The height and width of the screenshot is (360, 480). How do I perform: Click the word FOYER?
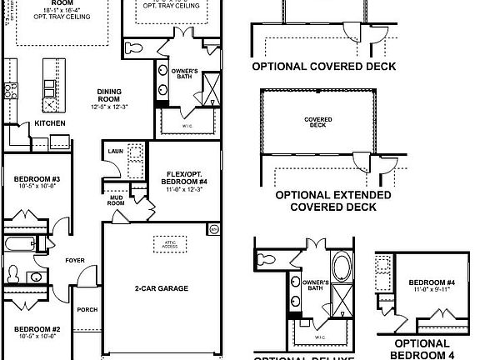76,261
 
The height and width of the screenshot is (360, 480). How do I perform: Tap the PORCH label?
87,310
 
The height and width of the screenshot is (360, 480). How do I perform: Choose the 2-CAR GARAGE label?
162,289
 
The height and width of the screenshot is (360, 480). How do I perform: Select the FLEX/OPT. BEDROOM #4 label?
183,177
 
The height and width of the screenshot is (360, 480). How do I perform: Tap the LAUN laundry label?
114,151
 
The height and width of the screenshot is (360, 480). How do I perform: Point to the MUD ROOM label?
116,200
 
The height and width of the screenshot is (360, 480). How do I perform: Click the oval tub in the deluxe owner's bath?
342,269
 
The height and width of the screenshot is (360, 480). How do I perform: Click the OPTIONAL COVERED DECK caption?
323,67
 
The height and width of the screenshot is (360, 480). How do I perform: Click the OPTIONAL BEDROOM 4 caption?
422,349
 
